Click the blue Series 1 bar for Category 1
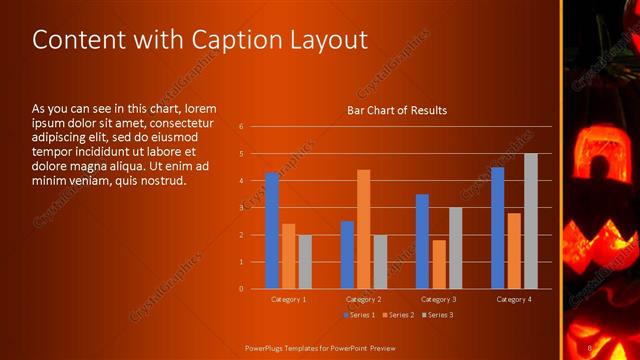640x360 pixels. [272, 231]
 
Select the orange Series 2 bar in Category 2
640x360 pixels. [363, 229]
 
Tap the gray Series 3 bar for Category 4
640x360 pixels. [530, 221]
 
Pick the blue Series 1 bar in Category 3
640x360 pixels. [422, 241]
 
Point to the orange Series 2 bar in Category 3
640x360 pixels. [438, 264]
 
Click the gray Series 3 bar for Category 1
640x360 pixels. [305, 262]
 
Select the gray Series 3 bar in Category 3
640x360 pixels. [455, 248]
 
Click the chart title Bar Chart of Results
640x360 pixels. [396, 110]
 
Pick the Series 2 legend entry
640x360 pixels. [399, 315]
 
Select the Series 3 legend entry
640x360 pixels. [436, 315]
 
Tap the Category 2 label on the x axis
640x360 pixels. [363, 299]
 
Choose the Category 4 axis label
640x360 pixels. [514, 299]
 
